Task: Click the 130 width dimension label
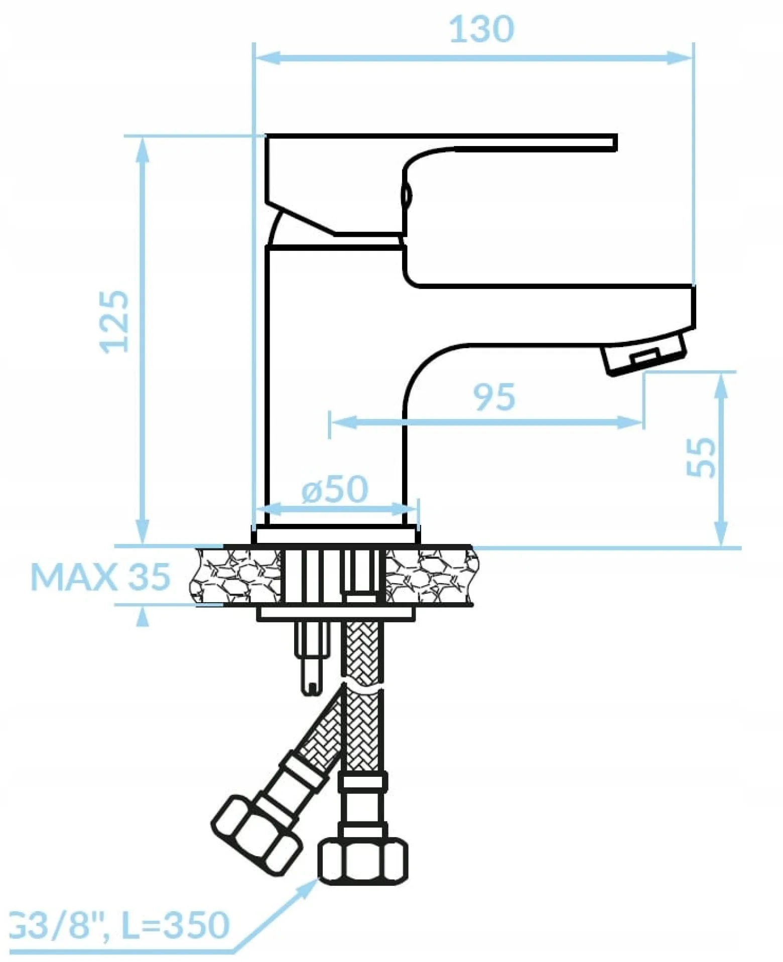click(x=481, y=29)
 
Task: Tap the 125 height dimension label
click(x=114, y=321)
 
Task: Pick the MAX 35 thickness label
click(x=100, y=576)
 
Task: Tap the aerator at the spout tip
click(x=644, y=353)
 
